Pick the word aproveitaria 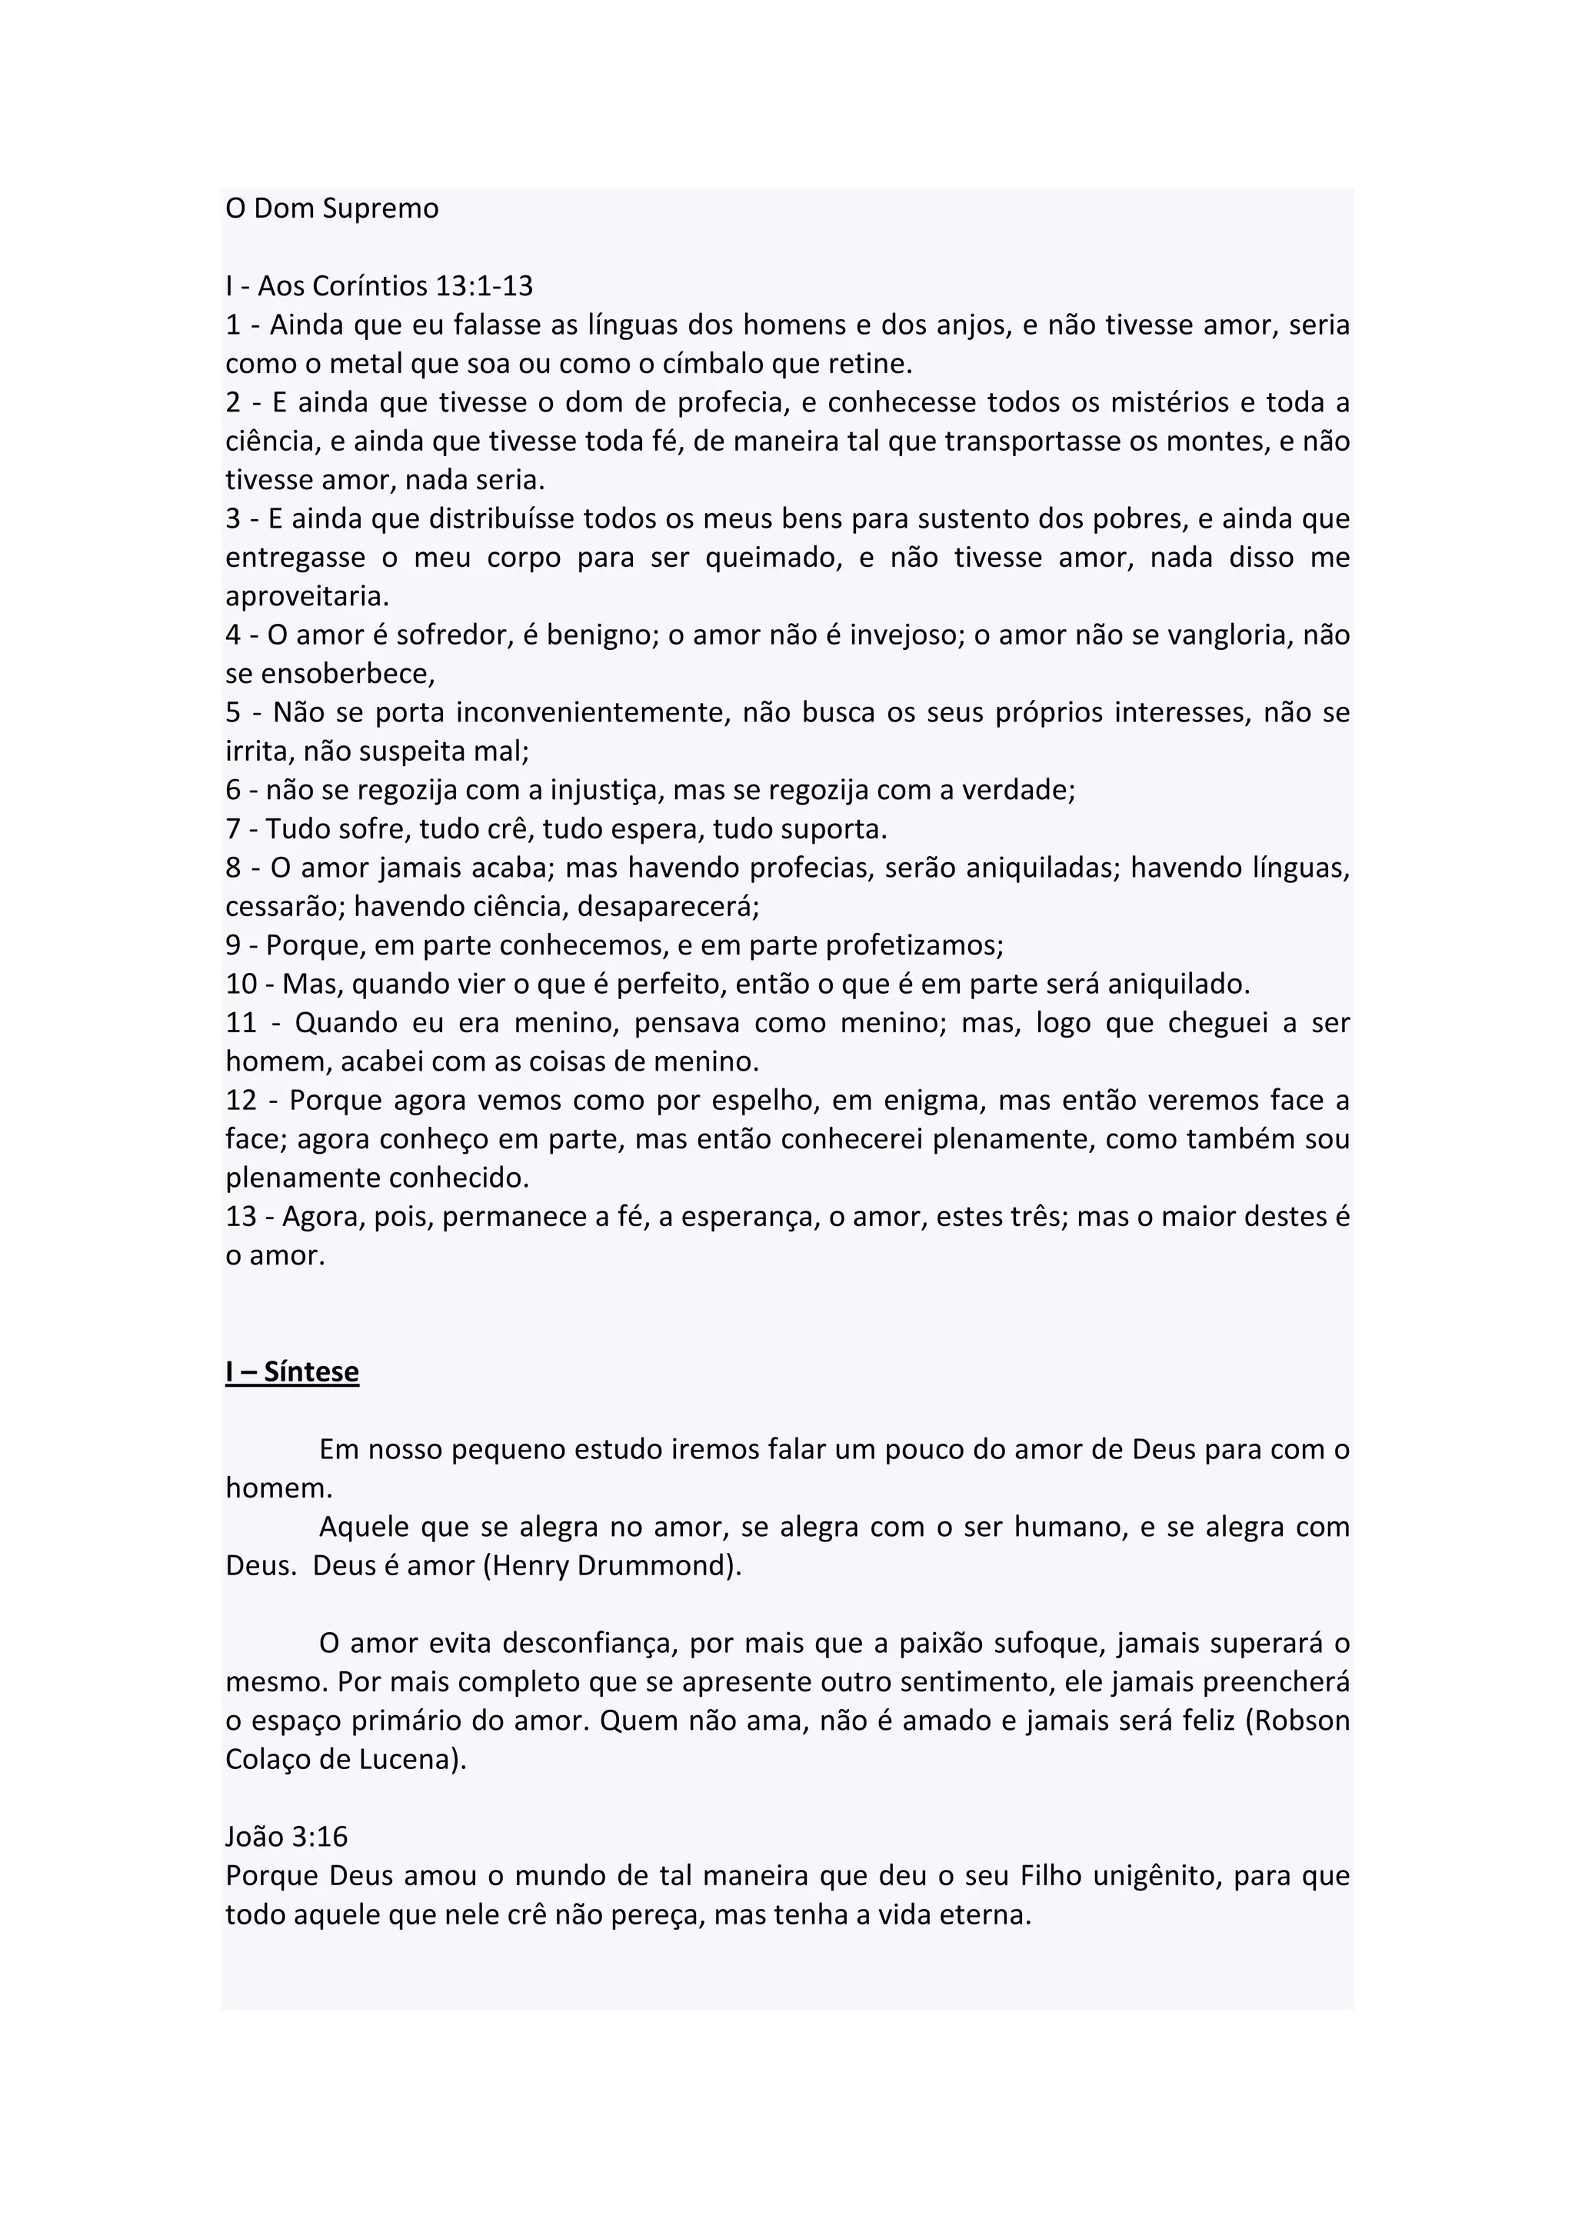point(307,597)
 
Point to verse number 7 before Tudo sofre point(233,829)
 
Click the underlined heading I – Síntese point(292,1371)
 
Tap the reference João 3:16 point(286,1837)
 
